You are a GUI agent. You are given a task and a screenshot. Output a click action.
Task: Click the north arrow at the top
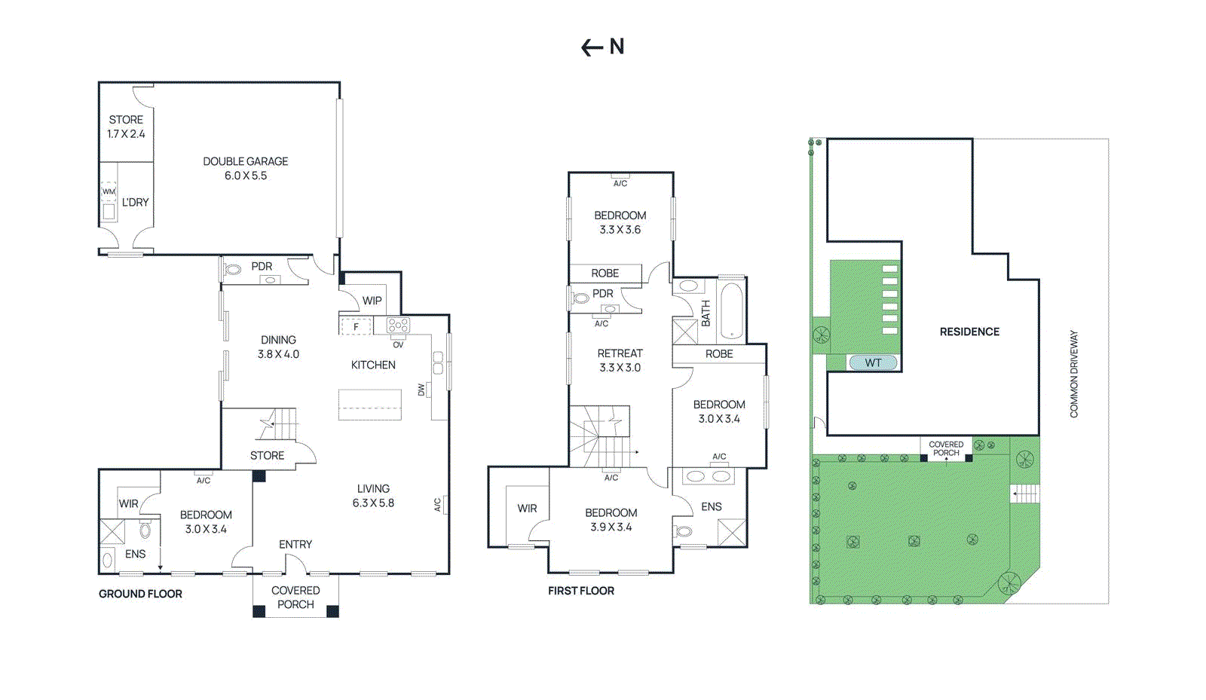point(592,48)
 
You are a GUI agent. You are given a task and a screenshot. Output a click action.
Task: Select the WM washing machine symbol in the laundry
point(109,191)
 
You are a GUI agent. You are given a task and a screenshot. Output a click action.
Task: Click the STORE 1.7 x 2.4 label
point(126,127)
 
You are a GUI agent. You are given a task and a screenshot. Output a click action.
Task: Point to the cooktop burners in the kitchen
point(399,326)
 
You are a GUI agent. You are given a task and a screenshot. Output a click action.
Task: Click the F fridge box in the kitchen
point(356,326)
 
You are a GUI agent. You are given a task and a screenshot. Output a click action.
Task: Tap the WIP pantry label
point(372,301)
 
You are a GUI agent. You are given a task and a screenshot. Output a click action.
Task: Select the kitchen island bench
point(370,405)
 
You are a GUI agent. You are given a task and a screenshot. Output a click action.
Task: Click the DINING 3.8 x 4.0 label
point(278,347)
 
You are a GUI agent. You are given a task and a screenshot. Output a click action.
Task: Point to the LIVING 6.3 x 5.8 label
point(373,496)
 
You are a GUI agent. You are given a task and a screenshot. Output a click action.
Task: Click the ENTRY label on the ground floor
point(295,545)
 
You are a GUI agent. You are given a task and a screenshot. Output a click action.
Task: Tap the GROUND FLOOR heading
point(140,594)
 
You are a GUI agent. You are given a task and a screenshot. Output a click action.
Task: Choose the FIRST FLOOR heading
point(581,591)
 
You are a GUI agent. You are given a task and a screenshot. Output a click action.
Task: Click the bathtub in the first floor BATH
point(731,311)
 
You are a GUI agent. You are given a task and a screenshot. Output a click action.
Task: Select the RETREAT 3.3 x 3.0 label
point(620,360)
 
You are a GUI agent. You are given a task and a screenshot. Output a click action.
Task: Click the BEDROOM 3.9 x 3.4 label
point(611,520)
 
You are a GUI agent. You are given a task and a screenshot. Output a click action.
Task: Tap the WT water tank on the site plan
point(874,362)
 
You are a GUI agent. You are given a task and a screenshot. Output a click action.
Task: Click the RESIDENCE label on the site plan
point(969,332)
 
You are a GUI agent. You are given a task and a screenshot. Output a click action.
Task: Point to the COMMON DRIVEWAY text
point(1074,374)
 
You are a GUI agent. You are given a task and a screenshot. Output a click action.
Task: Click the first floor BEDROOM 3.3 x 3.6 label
point(620,222)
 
